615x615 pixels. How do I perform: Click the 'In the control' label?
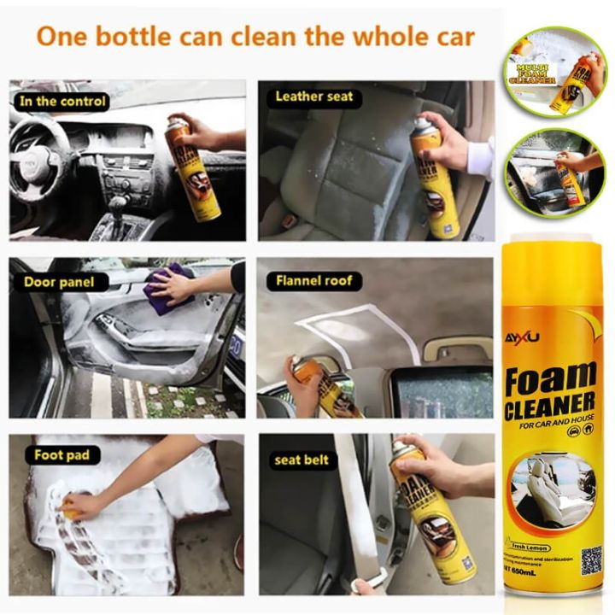(62, 101)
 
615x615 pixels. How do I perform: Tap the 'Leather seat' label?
(313, 97)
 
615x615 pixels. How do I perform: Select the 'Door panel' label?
(59, 281)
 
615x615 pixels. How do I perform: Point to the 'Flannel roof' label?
(313, 280)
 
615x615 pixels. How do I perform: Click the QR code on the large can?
(590, 559)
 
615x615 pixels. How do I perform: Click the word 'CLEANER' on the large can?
(549, 403)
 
